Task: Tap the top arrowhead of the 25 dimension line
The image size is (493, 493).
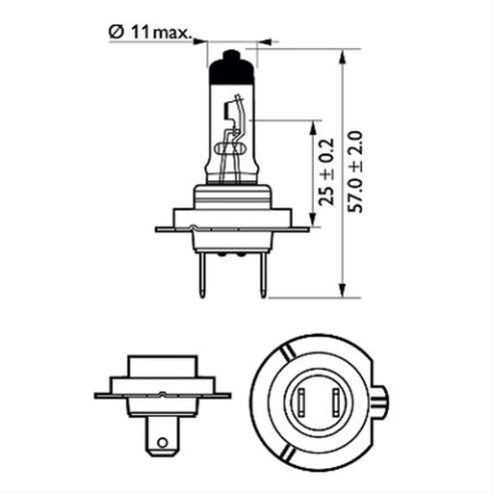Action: (314, 126)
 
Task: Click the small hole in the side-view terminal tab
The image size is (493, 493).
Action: (163, 444)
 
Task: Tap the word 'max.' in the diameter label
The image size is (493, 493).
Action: (172, 34)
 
